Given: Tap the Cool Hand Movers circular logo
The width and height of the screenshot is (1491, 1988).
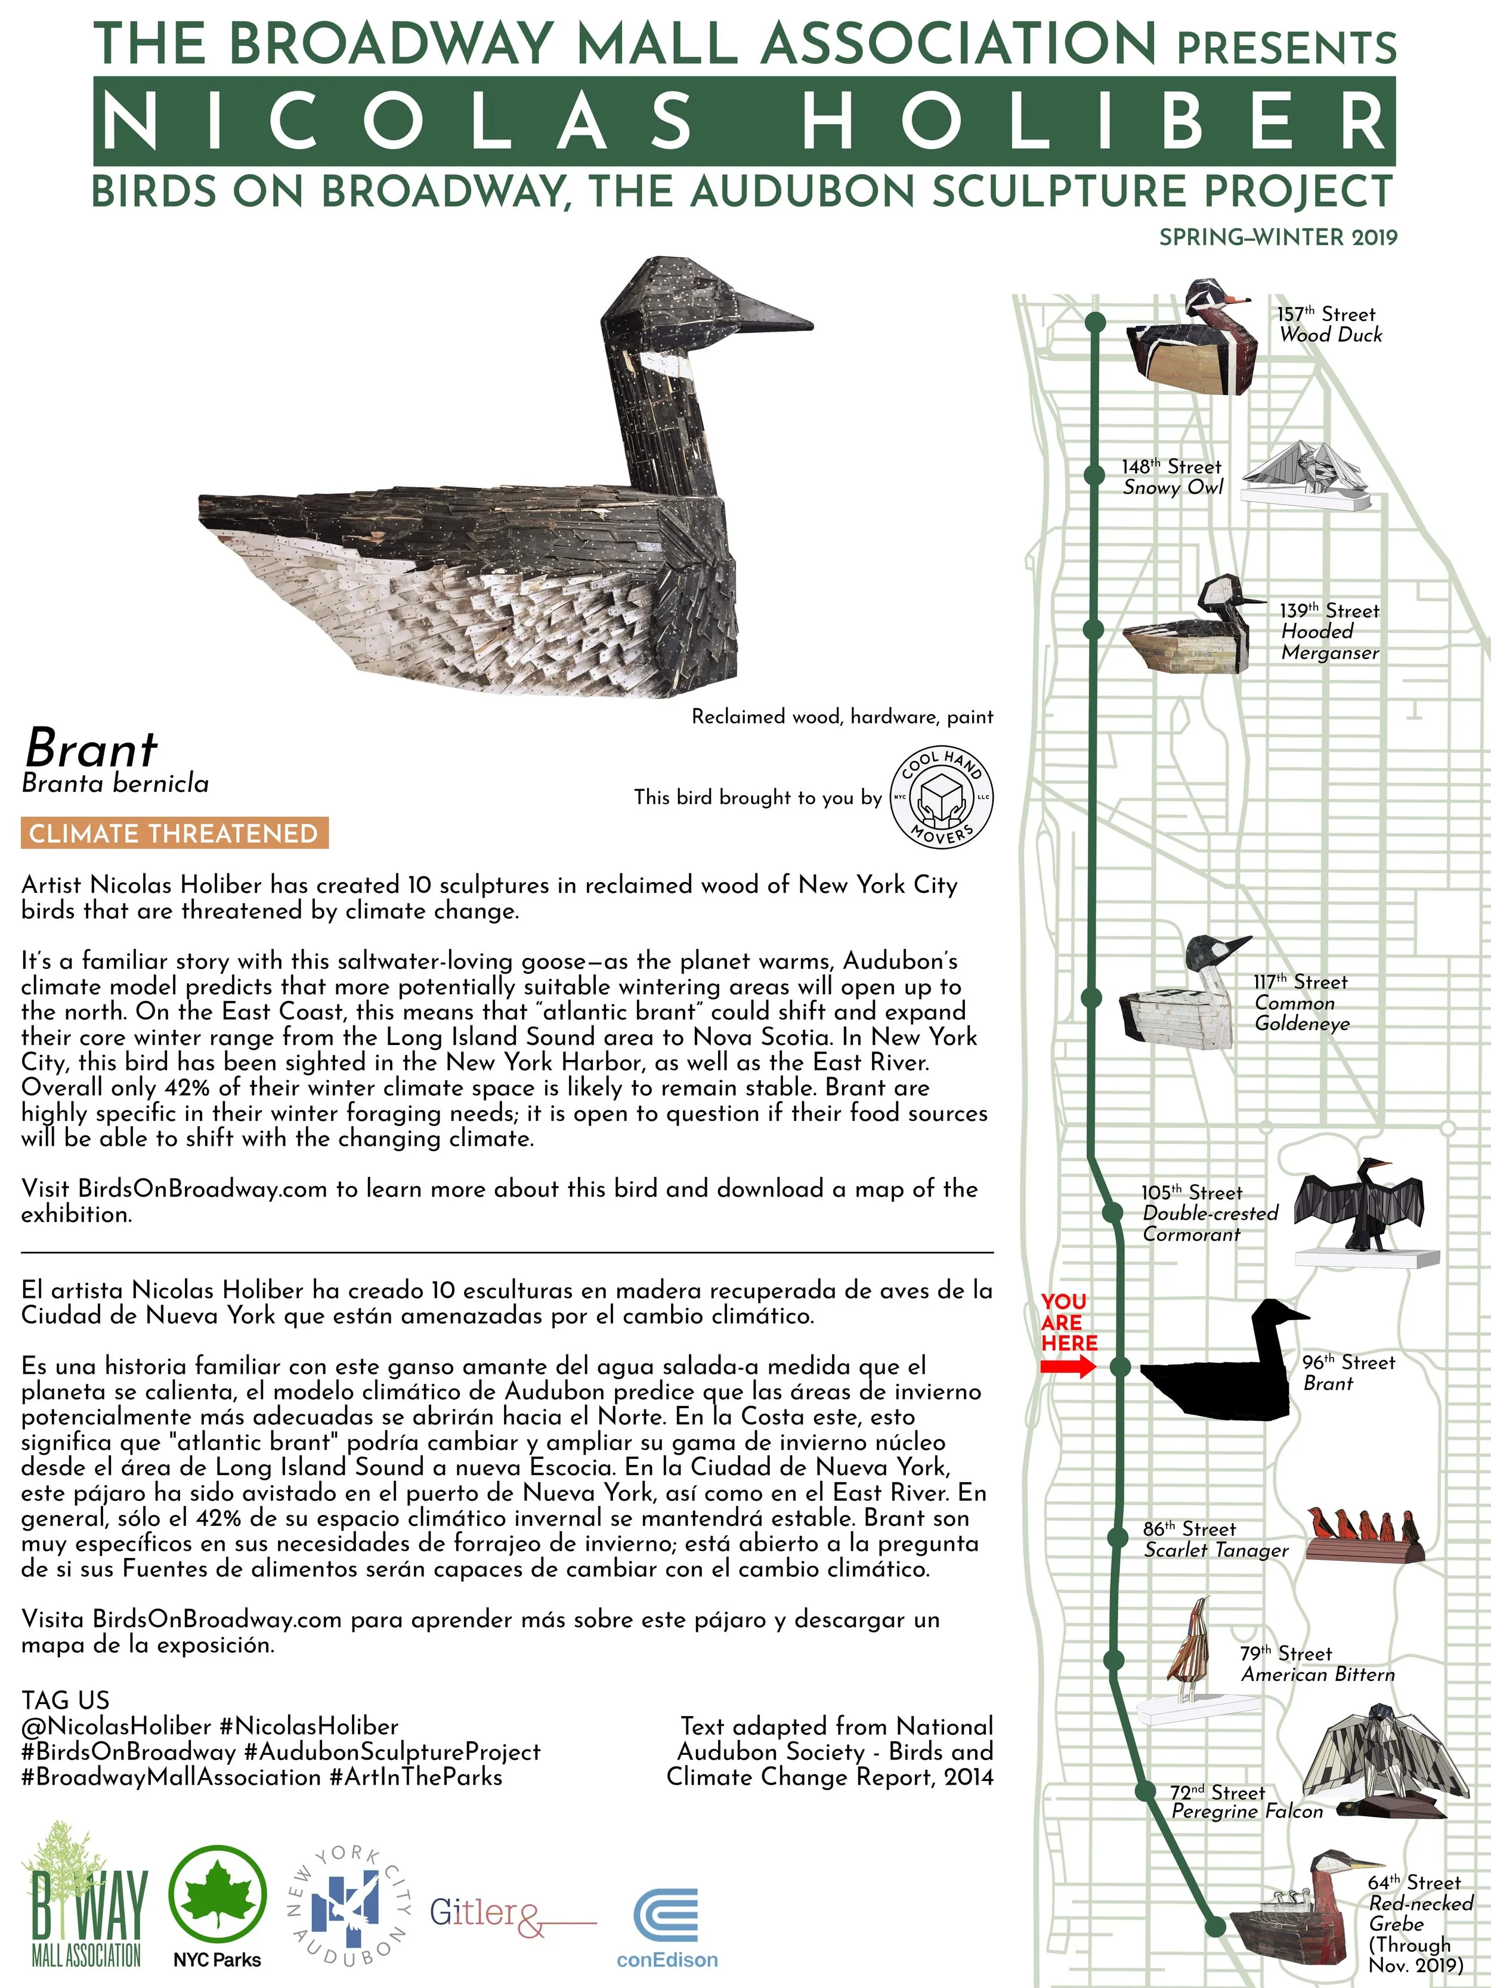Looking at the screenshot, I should point(941,797).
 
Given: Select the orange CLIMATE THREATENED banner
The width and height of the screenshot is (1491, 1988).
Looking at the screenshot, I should point(174,833).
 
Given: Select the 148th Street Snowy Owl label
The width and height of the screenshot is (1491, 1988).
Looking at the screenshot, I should point(1171,477).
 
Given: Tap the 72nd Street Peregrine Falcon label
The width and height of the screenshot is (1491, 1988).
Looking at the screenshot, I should point(1246,1802).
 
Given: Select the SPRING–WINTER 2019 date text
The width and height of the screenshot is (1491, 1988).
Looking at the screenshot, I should point(1278,237).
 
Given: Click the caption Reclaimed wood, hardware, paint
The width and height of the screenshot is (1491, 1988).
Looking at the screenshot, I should point(842,716).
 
